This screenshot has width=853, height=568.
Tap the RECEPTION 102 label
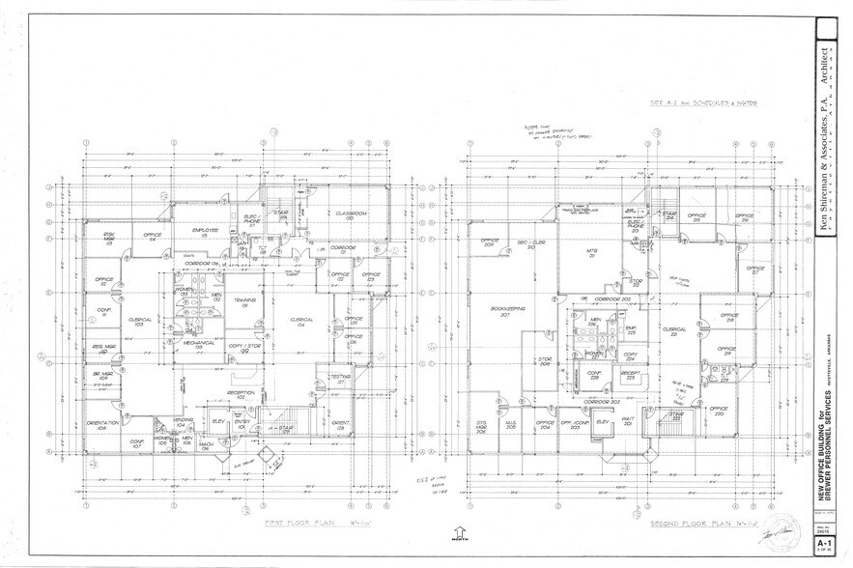(x=240, y=394)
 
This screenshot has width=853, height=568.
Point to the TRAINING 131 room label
(x=246, y=302)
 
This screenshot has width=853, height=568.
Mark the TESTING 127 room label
(x=340, y=378)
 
